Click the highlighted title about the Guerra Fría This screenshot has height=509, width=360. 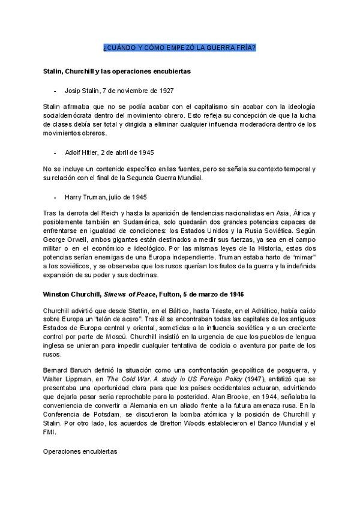tap(179, 47)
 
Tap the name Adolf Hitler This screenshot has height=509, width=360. tap(82, 152)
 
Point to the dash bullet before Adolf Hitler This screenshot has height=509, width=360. tap(55, 152)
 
